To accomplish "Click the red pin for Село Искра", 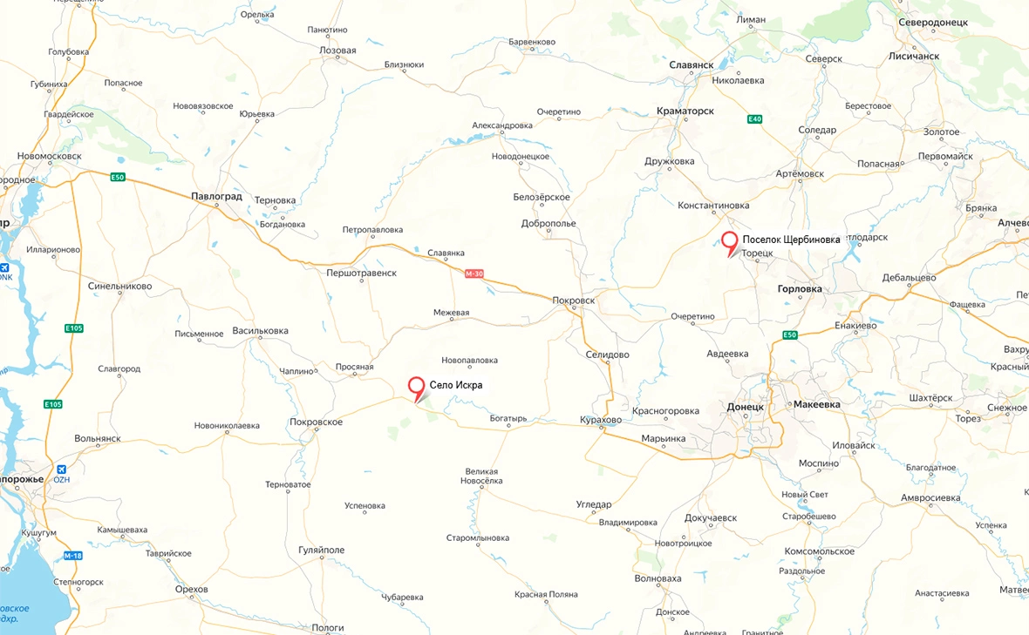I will point(418,388).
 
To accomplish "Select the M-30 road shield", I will point(474,274).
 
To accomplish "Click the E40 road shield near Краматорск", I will point(754,119).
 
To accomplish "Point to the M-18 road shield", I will point(73,556).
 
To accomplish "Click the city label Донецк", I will point(745,407).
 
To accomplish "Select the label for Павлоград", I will point(216,197).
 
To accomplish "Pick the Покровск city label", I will point(574,301).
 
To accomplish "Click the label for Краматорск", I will point(685,111).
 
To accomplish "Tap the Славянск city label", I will point(692,64).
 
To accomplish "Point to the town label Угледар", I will point(594,504).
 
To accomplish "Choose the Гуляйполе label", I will point(322,551).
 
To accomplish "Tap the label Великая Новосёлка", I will point(482,476).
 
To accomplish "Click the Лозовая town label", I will point(337,51).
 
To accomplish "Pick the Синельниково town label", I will point(120,286).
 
